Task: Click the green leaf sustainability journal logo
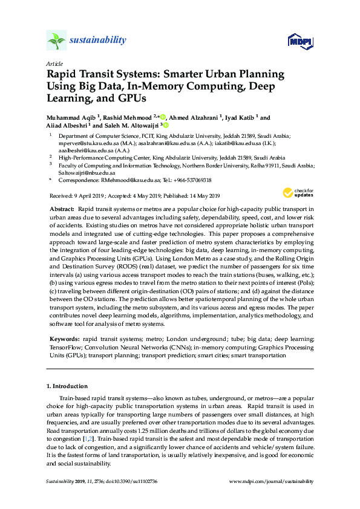coord(56,40)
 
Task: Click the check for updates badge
coord(296,193)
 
